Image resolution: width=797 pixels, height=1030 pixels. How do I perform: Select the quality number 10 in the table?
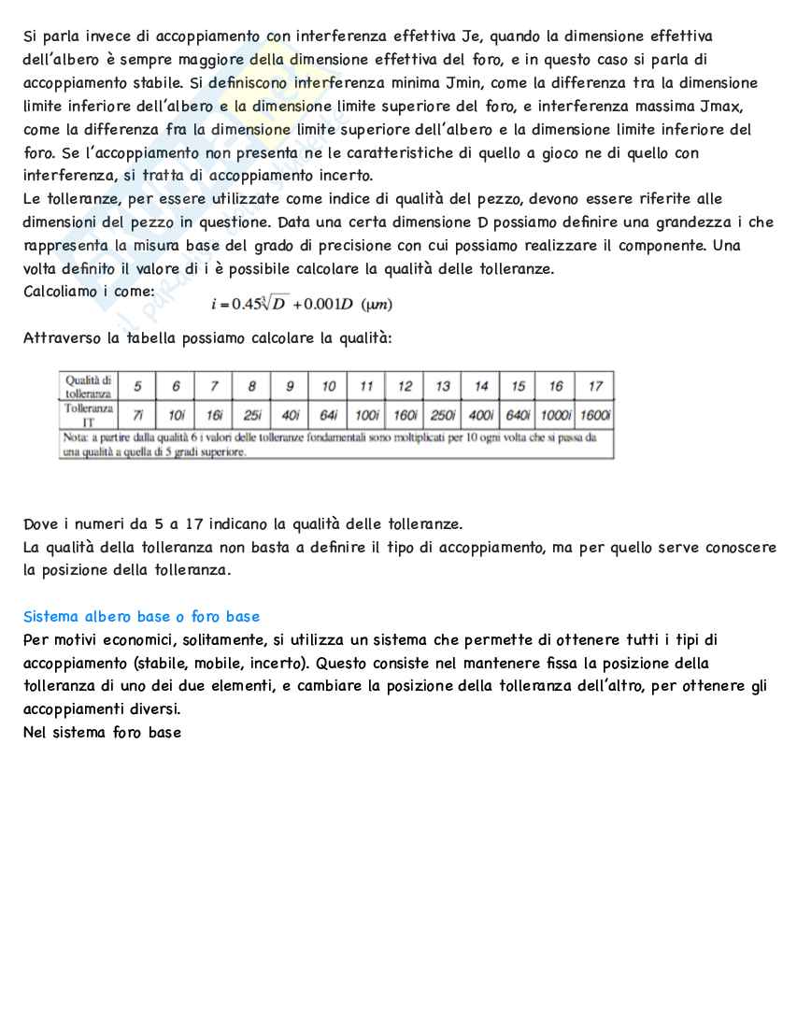coord(329,386)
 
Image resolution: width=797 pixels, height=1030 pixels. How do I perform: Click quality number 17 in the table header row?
coord(595,386)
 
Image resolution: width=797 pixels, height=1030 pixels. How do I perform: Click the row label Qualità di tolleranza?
coord(89,386)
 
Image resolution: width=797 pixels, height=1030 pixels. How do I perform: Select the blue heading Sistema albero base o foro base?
coord(141,617)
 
